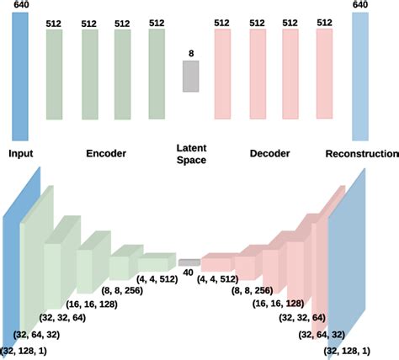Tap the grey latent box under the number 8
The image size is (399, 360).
tap(190, 77)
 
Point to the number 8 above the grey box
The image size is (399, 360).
tap(190, 53)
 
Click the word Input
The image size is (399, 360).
tap(22, 155)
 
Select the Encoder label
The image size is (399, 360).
tap(105, 155)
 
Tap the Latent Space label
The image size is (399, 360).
tap(190, 154)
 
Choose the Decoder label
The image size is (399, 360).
tap(270, 155)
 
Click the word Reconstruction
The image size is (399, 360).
tap(362, 155)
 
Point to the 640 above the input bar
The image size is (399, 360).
tap(20, 6)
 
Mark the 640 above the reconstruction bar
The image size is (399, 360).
tap(360, 6)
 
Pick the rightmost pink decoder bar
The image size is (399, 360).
tap(324, 72)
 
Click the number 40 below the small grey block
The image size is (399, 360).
tap(188, 273)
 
